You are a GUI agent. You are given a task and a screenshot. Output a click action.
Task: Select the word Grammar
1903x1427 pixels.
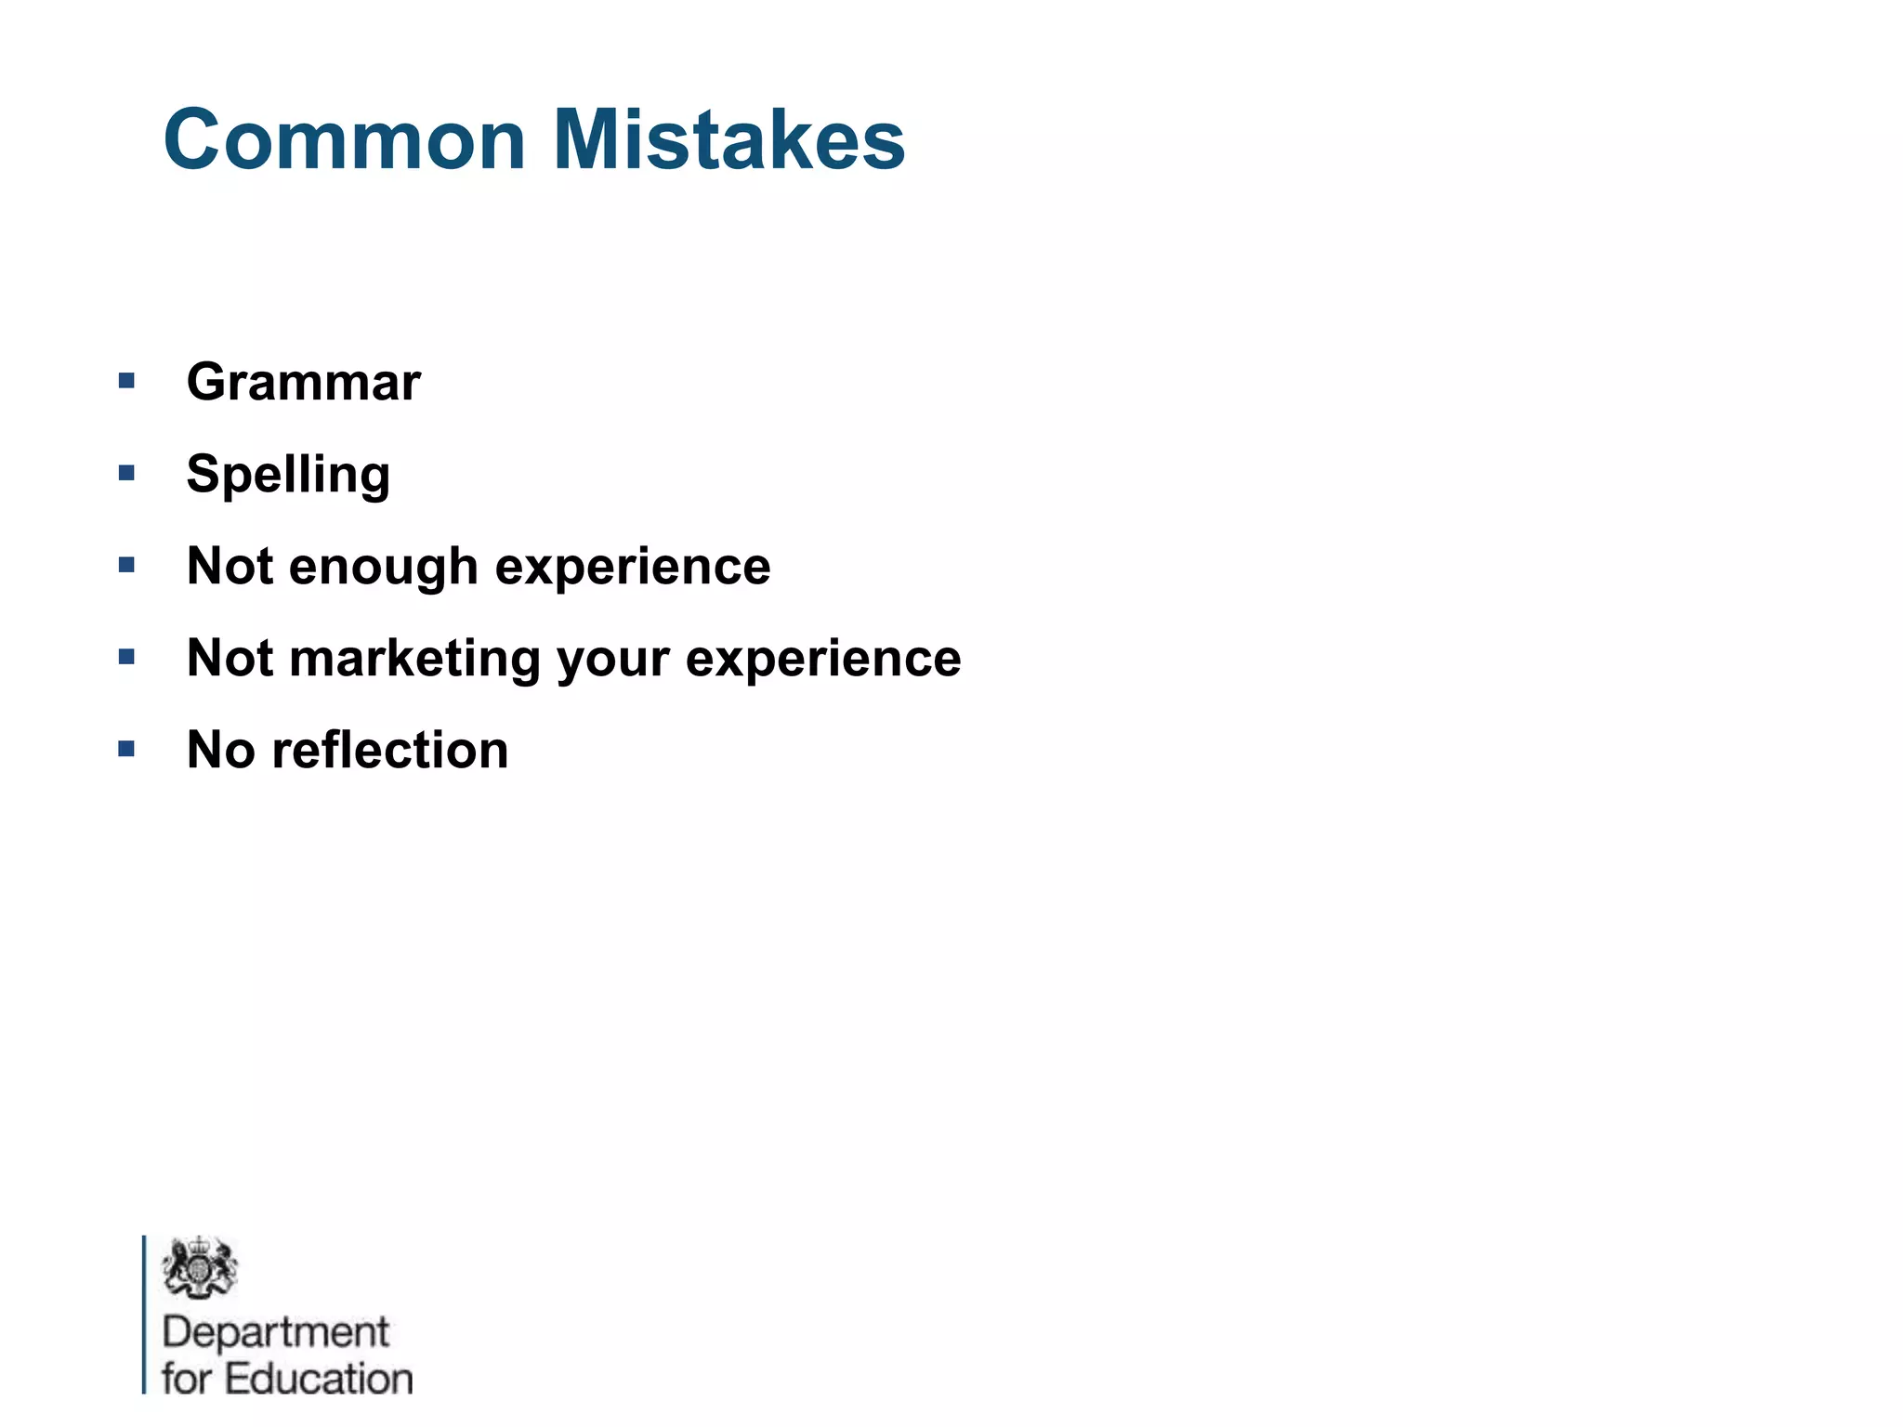pyautogui.click(x=304, y=382)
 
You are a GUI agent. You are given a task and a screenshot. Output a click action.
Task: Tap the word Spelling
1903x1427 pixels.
pyautogui.click(x=288, y=474)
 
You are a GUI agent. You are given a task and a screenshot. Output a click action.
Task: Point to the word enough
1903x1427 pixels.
pyautogui.click(x=384, y=566)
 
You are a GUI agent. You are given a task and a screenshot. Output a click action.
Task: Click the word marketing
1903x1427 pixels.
pyautogui.click(x=414, y=658)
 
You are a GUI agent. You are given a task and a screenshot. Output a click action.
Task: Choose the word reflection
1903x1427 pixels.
pyautogui.click(x=390, y=750)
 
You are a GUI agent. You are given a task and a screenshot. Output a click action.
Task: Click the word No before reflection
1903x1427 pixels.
pyautogui.click(x=220, y=750)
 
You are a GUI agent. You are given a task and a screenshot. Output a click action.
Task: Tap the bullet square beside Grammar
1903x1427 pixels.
pyautogui.click(x=127, y=381)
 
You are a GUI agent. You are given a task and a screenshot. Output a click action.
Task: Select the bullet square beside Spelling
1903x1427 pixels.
pyautogui.click(x=127, y=473)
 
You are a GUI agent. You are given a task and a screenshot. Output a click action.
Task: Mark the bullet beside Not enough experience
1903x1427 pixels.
pyautogui.click(x=127, y=565)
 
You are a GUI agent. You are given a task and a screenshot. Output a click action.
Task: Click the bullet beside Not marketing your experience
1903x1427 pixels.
pyautogui.click(x=127, y=657)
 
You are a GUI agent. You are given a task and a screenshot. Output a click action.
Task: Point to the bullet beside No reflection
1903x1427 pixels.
pyautogui.click(x=127, y=749)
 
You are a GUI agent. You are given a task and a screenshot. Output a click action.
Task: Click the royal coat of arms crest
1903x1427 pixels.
pyautogui.click(x=199, y=1267)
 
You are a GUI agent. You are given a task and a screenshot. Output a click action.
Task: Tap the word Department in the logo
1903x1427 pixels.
pyautogui.click(x=275, y=1332)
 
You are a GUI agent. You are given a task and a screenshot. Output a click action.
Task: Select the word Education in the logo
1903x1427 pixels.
pyautogui.click(x=319, y=1379)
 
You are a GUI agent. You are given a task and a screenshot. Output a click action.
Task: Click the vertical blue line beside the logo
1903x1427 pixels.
pyautogui.click(x=144, y=1314)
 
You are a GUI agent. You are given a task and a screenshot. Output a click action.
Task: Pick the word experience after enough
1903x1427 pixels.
pyautogui.click(x=633, y=566)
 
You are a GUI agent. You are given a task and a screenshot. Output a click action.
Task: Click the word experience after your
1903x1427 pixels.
pyautogui.click(x=823, y=658)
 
